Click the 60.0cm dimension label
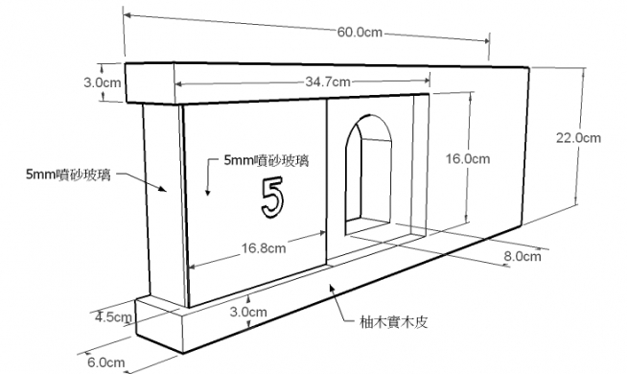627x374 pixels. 360,32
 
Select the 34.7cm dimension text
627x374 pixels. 328,82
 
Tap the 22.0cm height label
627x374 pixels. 578,138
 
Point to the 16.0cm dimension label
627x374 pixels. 468,159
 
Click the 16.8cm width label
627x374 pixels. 264,248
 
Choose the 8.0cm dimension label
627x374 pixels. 522,256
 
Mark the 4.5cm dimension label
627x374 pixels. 113,317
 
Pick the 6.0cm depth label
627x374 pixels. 106,362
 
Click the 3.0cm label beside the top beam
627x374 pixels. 102,82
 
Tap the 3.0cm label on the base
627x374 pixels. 248,312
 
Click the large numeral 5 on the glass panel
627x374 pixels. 272,198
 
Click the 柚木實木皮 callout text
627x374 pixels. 394,322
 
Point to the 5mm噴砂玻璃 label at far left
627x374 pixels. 68,175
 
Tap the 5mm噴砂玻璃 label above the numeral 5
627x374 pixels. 267,161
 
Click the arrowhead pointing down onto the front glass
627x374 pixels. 207,192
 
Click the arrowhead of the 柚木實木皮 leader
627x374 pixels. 332,288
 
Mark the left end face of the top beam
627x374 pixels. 151,83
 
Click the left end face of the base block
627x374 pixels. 159,325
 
